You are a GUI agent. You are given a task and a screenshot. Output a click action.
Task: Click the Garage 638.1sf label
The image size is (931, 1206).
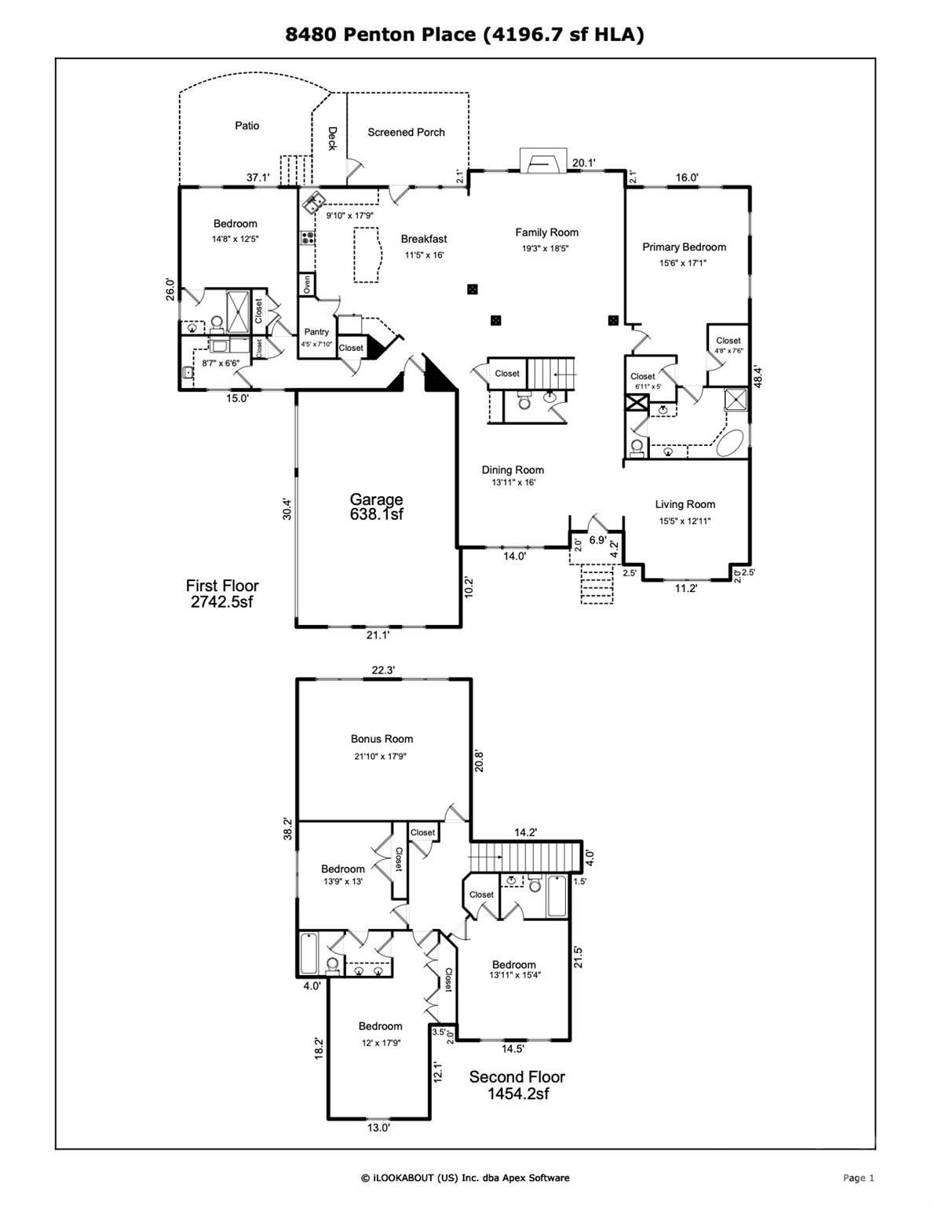click(x=377, y=506)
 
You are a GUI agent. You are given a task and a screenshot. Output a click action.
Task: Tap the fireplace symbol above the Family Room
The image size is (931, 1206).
click(x=542, y=162)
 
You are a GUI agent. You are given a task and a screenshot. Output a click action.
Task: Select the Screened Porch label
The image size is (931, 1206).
click(x=406, y=133)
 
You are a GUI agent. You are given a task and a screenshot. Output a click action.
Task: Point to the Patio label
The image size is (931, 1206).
click(x=246, y=126)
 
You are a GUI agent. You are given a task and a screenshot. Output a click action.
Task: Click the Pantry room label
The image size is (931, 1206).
click(x=316, y=332)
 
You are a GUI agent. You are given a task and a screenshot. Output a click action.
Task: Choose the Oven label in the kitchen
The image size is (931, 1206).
click(x=306, y=284)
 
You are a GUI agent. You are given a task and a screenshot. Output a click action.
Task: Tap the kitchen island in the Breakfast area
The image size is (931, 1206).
click(x=366, y=254)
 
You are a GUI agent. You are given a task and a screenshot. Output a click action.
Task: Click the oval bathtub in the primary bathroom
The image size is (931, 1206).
click(x=731, y=444)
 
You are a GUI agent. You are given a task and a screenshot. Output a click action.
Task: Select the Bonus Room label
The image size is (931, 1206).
click(x=382, y=739)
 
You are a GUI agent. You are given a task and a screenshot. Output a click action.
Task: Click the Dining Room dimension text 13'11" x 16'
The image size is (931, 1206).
click(x=513, y=483)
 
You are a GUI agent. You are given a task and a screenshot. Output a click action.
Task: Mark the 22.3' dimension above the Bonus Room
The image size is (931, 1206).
click(x=383, y=670)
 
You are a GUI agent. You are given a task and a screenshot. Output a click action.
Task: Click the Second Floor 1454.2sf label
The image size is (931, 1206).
click(x=517, y=1085)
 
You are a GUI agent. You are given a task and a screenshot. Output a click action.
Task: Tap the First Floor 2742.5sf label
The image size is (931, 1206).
click(x=222, y=594)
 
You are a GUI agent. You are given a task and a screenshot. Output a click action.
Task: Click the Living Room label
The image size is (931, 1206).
click(x=685, y=505)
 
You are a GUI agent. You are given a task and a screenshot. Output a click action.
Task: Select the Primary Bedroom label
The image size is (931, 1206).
click(x=684, y=247)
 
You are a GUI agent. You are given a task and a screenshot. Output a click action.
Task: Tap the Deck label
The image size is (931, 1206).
click(x=331, y=139)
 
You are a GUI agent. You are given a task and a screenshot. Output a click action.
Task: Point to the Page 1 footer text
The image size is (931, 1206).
click(x=858, y=1178)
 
